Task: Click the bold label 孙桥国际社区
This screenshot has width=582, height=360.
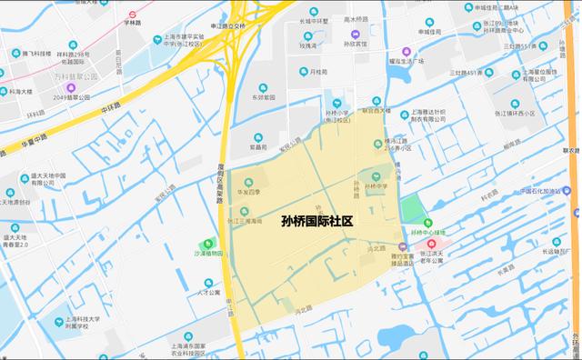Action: click(x=316, y=220)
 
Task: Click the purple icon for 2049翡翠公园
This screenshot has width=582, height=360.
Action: click(x=72, y=87)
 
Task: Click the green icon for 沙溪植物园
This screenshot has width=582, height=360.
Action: click(x=213, y=244)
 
